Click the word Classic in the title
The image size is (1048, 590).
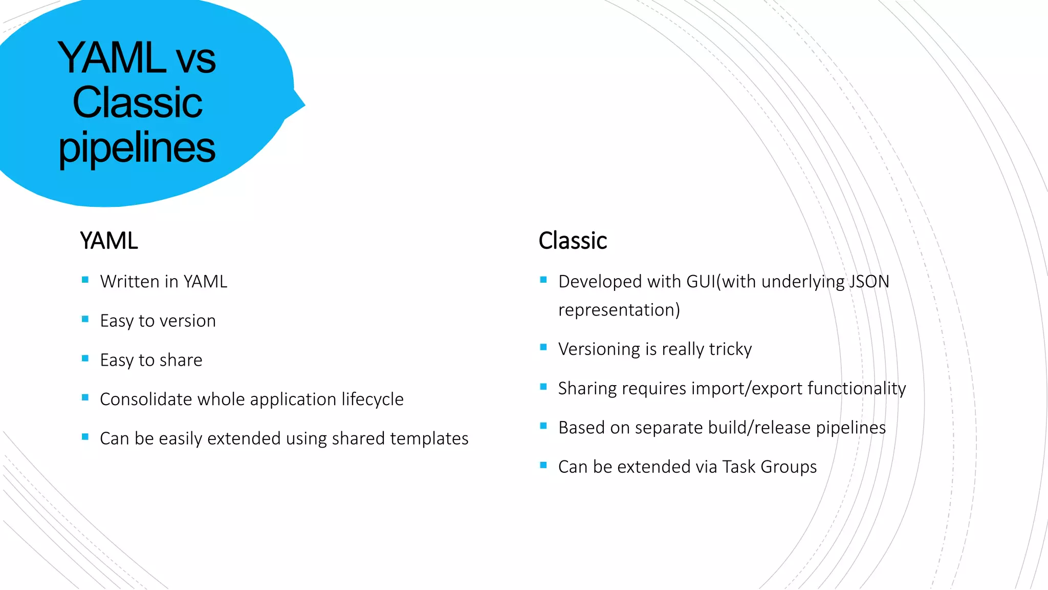click(137, 102)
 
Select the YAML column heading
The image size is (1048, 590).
click(108, 241)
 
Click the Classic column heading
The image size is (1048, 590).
click(572, 241)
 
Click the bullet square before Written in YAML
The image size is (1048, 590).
click(85, 280)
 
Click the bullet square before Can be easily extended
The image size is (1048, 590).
click(85, 437)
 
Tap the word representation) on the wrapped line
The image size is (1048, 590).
click(619, 310)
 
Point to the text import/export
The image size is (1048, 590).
click(747, 389)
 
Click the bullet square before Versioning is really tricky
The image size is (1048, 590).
click(543, 347)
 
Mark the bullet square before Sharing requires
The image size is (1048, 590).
click(543, 387)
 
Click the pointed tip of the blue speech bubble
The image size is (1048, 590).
click(304, 106)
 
